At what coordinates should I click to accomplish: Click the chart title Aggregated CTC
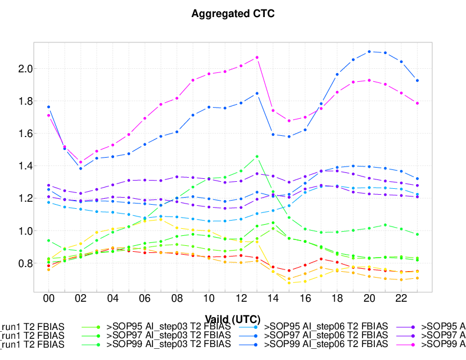(233, 14)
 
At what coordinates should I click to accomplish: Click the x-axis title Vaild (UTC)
(233, 319)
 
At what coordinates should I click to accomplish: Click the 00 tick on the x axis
(48, 299)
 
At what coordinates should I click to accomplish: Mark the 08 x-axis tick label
(177, 299)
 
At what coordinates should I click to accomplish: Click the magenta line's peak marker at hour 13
(257, 58)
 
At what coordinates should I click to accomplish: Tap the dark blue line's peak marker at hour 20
(370, 52)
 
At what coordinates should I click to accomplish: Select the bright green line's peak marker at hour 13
(257, 156)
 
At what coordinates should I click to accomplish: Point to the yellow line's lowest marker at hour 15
(289, 283)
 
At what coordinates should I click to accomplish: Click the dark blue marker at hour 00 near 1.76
(48, 107)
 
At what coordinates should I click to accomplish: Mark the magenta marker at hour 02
(81, 162)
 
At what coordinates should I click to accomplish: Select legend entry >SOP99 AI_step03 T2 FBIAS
(168, 343)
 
